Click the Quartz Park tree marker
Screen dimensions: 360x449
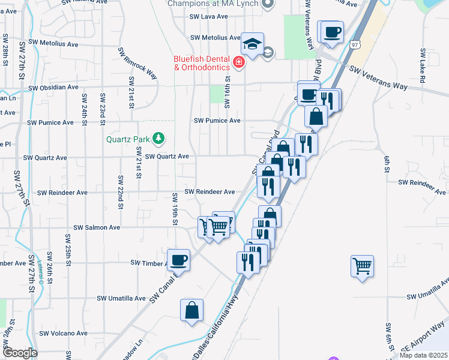coord(158,139)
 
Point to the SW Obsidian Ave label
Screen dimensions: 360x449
coord(53,87)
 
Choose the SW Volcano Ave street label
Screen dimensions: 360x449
coord(64,333)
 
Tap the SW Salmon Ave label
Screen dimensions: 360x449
coord(97,227)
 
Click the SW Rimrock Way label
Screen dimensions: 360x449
coord(137,65)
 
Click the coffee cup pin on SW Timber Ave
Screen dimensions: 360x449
coord(179,260)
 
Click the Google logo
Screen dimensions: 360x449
coord(19,353)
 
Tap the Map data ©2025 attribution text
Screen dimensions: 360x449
coord(423,355)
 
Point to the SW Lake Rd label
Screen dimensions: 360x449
coord(423,67)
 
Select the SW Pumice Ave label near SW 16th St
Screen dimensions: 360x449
coord(217,121)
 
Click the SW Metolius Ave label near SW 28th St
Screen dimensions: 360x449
coord(56,44)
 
